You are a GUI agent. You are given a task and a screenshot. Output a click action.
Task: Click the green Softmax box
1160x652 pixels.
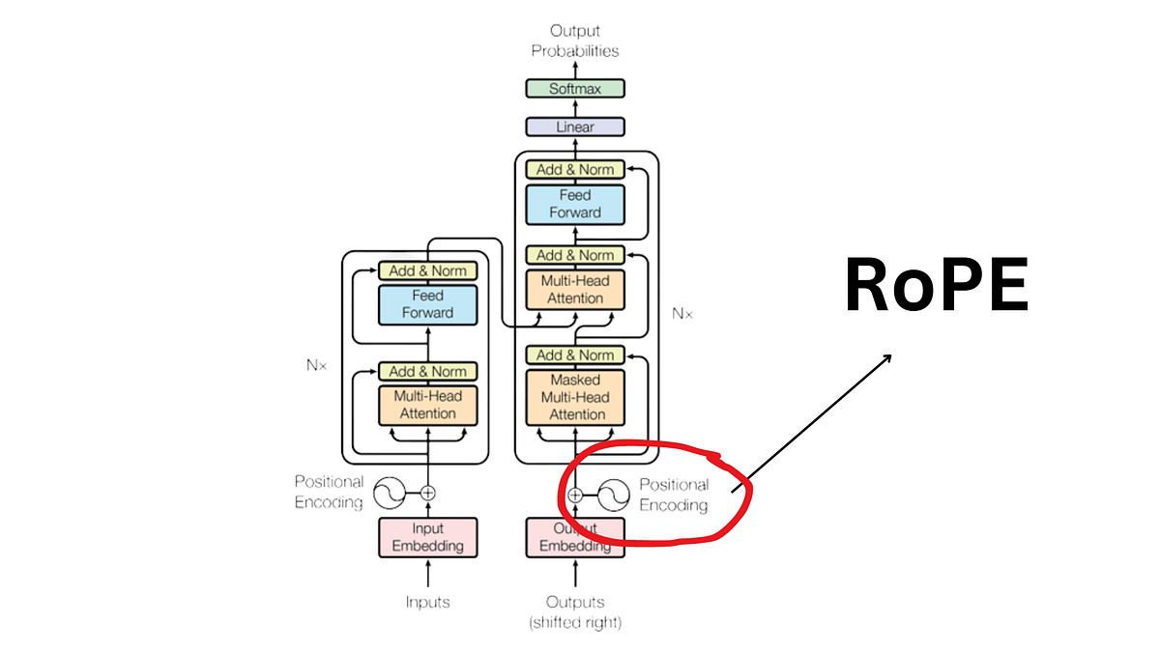[x=575, y=89]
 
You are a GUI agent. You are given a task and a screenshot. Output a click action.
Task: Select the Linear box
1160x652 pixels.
[x=575, y=127]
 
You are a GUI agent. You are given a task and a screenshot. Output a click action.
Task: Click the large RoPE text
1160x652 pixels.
[x=937, y=286]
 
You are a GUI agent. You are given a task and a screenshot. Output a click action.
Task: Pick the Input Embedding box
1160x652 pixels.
[x=427, y=537]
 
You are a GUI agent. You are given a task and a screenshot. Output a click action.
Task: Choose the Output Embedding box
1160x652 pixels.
[x=575, y=537]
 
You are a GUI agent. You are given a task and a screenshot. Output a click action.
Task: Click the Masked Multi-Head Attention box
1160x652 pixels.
[x=575, y=397]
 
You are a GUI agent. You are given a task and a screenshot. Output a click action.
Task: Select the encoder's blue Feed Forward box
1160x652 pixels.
[x=427, y=303]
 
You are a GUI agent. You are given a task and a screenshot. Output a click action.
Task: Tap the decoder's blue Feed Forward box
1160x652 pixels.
[x=575, y=204]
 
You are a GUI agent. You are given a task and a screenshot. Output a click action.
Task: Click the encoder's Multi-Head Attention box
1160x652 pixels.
[x=427, y=405]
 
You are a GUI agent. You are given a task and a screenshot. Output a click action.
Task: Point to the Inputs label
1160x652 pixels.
[x=427, y=602]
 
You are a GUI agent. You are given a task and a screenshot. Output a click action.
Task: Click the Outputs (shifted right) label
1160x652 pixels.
[x=575, y=611]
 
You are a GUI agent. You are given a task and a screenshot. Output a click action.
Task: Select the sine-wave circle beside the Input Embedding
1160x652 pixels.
[x=390, y=493]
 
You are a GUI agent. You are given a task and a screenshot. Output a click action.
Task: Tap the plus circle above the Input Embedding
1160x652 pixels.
[x=427, y=493]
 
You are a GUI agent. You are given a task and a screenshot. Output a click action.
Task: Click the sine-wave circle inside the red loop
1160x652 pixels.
[x=613, y=496]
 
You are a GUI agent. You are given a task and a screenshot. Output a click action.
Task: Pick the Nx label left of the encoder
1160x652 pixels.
[x=316, y=366]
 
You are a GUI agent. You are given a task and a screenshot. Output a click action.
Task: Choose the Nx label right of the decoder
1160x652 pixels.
[x=682, y=313]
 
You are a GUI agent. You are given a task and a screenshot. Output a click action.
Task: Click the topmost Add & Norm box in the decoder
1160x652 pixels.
[x=575, y=169]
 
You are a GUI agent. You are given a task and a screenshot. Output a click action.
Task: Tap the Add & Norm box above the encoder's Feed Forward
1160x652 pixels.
[x=427, y=270]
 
